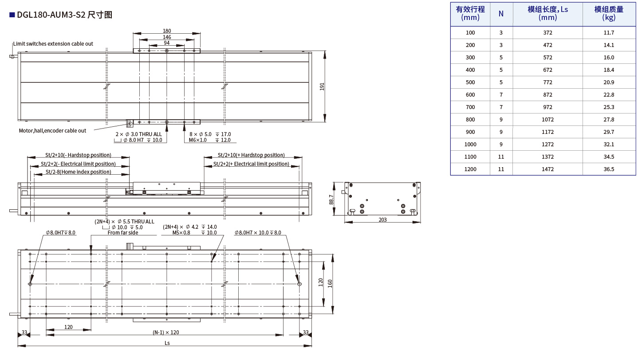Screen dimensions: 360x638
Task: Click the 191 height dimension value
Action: point(322,87)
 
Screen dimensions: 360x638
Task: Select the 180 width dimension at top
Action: point(167,31)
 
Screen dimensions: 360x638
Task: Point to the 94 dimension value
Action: point(167,43)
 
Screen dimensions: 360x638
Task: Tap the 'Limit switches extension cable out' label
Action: point(53,44)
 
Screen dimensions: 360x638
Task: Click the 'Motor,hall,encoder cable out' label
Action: point(52,131)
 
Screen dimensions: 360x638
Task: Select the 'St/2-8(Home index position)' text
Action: point(79,172)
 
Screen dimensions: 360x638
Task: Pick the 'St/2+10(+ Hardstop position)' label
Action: point(251,155)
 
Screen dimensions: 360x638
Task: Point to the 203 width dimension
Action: point(382,219)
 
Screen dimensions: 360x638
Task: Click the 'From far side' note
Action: point(123,233)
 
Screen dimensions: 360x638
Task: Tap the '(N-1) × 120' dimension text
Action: point(165,333)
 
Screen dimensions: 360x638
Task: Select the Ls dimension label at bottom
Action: point(167,343)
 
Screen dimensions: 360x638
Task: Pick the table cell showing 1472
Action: point(547,169)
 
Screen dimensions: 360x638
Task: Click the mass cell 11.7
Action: point(609,33)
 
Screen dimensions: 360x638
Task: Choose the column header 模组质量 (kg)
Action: point(609,13)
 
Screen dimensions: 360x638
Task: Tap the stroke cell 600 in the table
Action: point(470,95)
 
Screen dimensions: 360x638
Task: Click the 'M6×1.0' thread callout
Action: point(197,140)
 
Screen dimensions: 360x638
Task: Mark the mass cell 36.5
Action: point(609,169)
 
